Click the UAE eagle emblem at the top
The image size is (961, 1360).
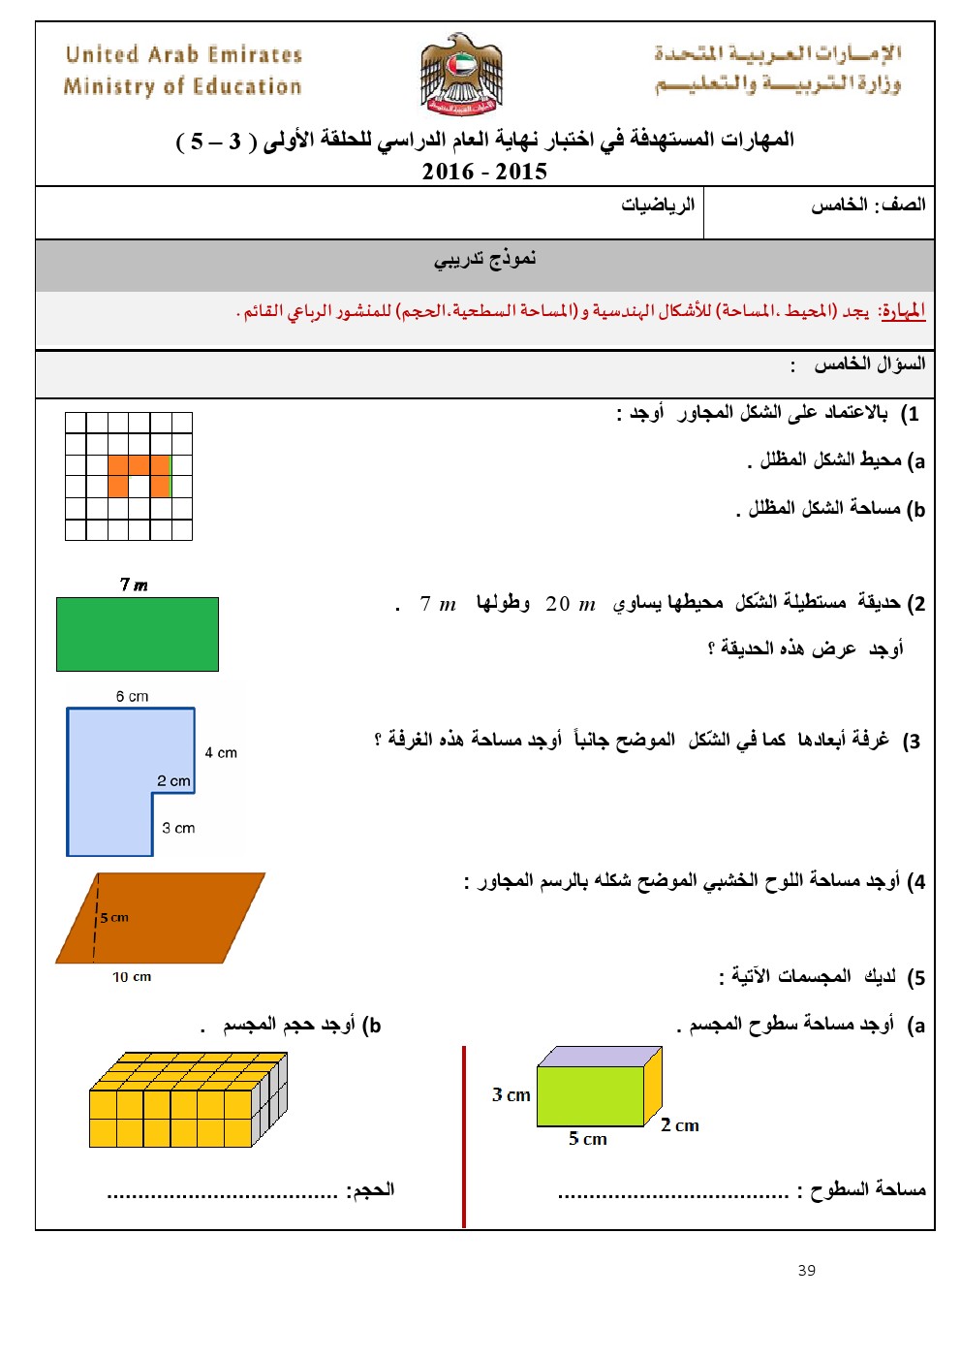click(x=461, y=75)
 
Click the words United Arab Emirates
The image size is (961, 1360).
click(x=184, y=55)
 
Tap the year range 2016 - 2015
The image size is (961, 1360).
click(x=484, y=172)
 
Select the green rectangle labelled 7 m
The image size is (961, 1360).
click(x=138, y=634)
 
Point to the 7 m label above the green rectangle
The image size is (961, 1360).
click(x=134, y=585)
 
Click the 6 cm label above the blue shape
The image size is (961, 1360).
click(x=132, y=696)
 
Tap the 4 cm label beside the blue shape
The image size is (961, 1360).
click(x=221, y=752)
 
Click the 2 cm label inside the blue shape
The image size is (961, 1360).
click(x=173, y=780)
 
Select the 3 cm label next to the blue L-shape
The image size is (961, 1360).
click(x=178, y=828)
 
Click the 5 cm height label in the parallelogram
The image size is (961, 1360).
click(x=114, y=917)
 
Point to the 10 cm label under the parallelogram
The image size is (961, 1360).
click(x=132, y=977)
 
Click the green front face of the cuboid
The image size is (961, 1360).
click(x=590, y=1096)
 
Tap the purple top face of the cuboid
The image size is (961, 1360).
click(x=601, y=1057)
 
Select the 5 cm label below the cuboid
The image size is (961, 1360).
click(x=587, y=1139)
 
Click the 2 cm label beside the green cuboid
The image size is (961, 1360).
click(x=680, y=1125)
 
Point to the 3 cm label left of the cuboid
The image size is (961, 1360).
click(x=511, y=1095)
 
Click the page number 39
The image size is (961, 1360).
click(x=807, y=1270)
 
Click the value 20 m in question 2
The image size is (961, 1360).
click(x=571, y=604)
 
